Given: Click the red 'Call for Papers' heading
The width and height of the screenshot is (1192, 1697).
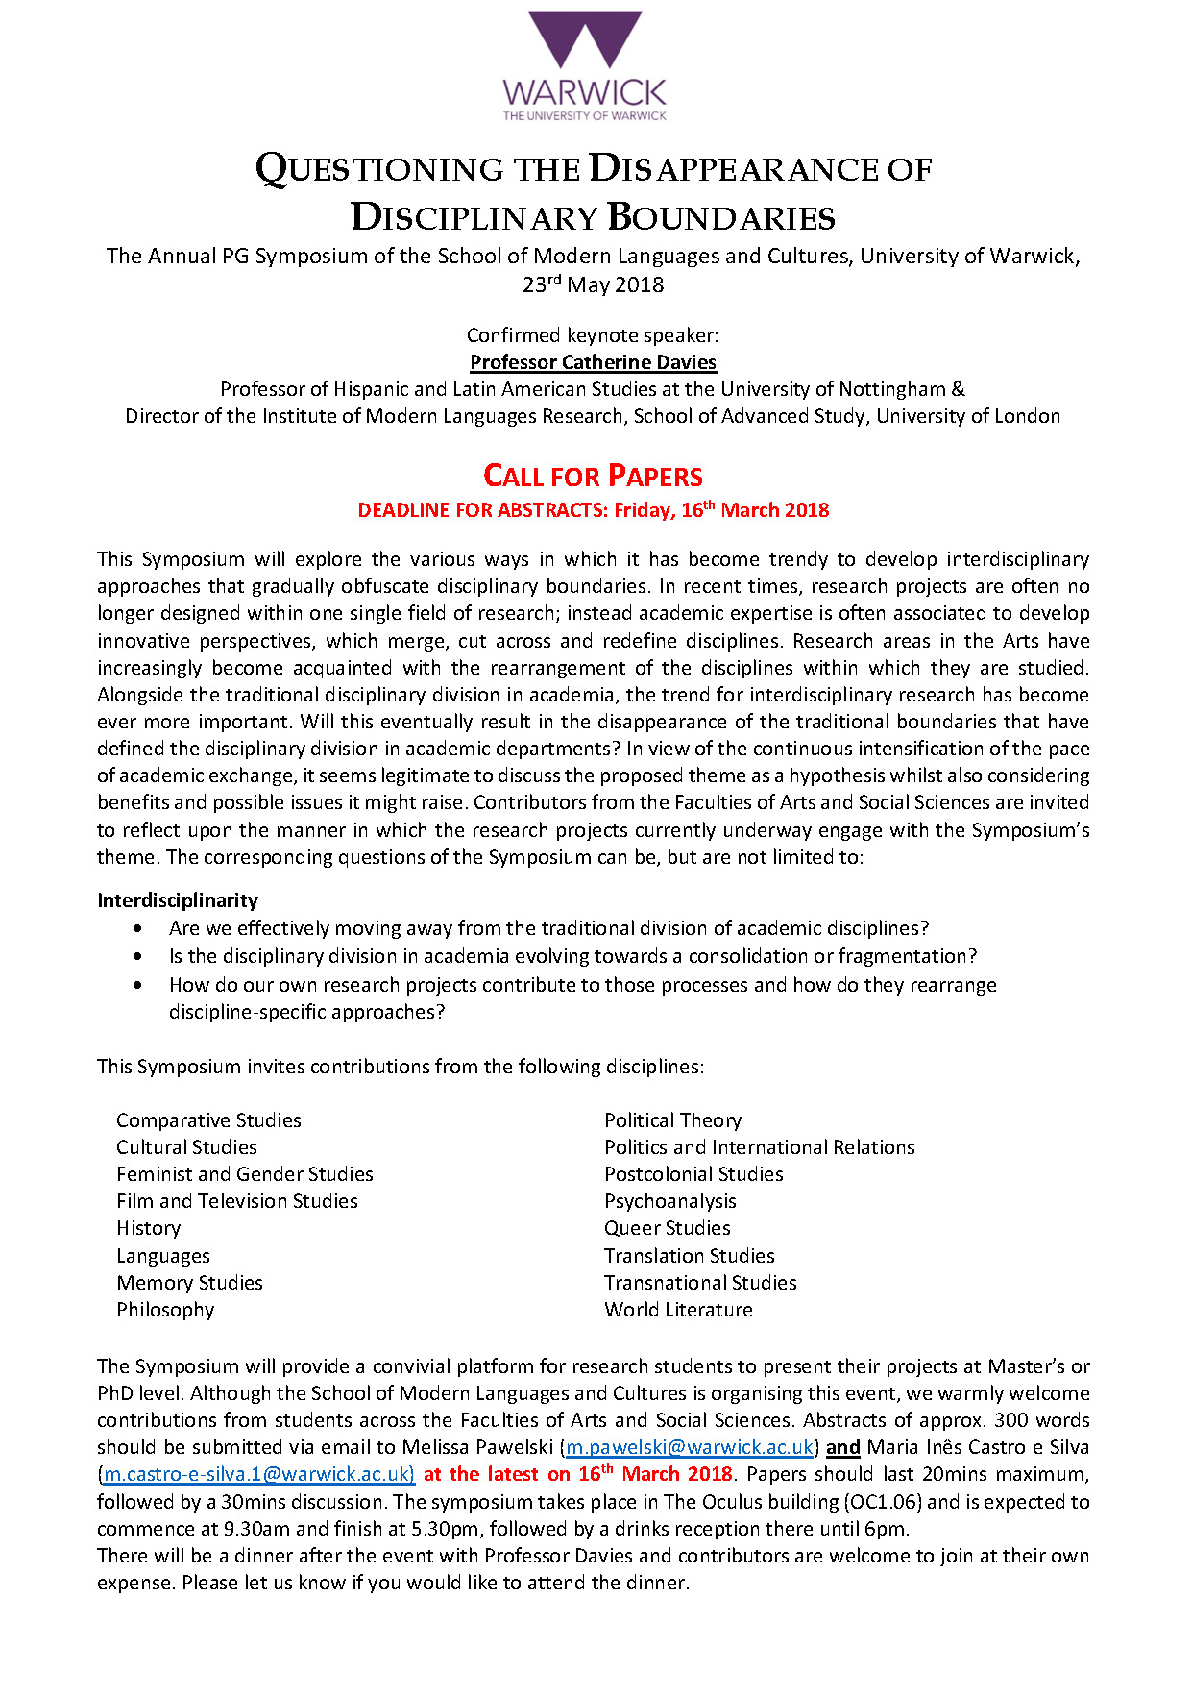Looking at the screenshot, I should (593, 476).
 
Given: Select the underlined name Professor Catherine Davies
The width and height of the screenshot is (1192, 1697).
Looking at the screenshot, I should (593, 362).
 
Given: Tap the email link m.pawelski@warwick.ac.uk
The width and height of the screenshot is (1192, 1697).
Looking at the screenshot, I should (689, 1447).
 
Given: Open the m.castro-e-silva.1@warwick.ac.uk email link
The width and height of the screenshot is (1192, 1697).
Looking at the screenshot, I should (258, 1474).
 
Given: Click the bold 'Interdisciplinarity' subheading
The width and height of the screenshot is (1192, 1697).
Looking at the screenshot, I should (178, 900).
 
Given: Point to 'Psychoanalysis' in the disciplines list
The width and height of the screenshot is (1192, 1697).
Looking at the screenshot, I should (669, 1201).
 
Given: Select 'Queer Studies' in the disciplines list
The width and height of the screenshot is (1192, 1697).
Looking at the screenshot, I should (667, 1228).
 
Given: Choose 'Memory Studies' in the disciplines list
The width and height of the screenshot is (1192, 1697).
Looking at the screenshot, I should (189, 1283).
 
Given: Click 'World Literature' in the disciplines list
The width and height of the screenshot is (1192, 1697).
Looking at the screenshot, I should (678, 1310).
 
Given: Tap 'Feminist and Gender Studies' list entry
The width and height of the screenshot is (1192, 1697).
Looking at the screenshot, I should (244, 1174).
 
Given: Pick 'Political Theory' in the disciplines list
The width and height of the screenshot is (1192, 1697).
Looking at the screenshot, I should (672, 1120).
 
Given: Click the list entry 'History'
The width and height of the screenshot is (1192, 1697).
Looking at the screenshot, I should (148, 1228).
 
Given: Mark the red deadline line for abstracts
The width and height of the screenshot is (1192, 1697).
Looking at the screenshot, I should (593, 510).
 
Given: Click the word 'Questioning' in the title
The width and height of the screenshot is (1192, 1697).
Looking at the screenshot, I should (379, 170).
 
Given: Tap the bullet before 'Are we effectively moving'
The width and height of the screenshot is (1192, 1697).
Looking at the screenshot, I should (140, 928).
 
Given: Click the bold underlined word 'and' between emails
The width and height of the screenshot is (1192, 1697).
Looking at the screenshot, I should (842, 1447).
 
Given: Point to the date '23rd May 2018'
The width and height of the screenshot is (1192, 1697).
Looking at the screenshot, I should (593, 285).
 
